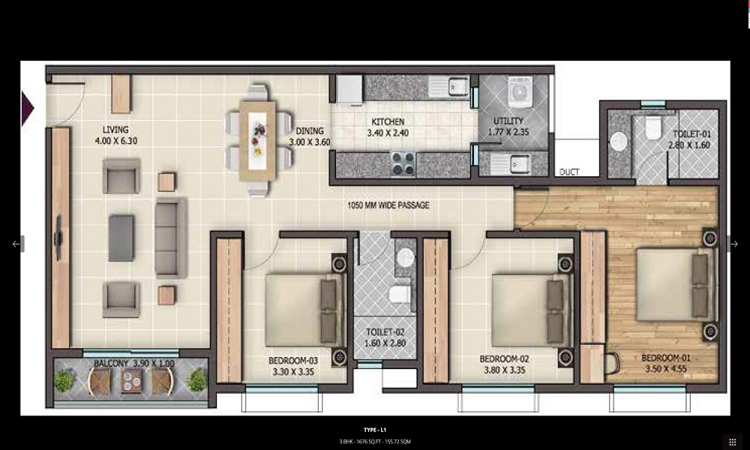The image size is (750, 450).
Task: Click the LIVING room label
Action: coord(115,130)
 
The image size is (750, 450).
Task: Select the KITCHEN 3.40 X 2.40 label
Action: coord(388,127)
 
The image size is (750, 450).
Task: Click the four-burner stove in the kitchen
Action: coord(403,163)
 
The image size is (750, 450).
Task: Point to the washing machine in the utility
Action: coord(520,91)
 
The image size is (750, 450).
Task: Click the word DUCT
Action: coord(569,172)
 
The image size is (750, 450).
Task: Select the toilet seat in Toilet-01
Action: coord(652,127)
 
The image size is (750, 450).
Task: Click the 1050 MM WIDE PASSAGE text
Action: coord(388,205)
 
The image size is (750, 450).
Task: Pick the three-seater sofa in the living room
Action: coord(171,238)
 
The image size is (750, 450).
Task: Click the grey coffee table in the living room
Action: coord(121,238)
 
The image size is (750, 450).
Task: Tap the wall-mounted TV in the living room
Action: coord(58,238)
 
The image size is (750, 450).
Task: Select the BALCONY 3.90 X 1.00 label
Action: coord(134,364)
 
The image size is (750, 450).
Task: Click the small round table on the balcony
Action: coord(131,381)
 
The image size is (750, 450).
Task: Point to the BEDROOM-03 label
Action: coord(293,361)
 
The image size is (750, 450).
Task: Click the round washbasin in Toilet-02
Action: coord(406,257)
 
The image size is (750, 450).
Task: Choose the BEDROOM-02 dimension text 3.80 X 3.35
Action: coord(504,370)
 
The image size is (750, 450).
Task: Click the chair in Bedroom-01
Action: coord(612,363)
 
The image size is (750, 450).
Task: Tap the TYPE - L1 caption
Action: coord(375,430)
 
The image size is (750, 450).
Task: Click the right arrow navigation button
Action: coord(734,244)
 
